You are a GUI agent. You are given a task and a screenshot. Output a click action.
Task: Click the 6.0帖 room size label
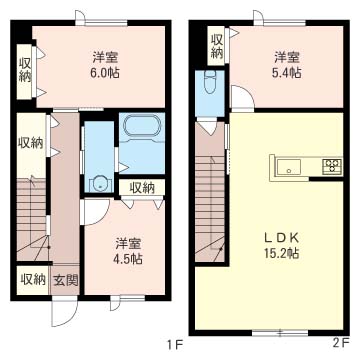coord(105,73)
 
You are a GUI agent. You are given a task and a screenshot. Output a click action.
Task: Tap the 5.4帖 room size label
coord(287,73)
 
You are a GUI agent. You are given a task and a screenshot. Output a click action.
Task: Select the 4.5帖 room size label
coord(129,259)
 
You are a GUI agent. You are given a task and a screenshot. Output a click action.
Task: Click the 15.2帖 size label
coord(282,254)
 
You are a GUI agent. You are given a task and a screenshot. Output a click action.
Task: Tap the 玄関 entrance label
coord(66,281)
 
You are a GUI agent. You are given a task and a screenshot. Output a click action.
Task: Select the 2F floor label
coord(340,343)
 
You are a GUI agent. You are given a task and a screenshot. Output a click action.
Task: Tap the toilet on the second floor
coord(210,82)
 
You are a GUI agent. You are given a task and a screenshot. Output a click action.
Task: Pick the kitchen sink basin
coord(289,167)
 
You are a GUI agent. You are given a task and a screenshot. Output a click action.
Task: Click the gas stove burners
coord(332,165)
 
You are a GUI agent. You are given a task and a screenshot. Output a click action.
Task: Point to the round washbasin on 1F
coord(99,184)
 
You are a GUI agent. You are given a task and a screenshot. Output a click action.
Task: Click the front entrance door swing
coord(65,312)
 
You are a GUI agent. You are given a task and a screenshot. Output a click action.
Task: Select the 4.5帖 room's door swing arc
coord(97,212)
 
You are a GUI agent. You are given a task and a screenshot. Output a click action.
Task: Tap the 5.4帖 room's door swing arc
coord(243,97)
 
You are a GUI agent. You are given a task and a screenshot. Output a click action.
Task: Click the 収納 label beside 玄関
coord(33,280)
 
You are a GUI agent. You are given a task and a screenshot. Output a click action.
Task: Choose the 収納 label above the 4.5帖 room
coord(142,189)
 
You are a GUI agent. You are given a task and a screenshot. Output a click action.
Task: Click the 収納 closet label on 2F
coord(216,47)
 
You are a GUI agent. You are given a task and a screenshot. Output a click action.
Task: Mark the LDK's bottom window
coord(280,332)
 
